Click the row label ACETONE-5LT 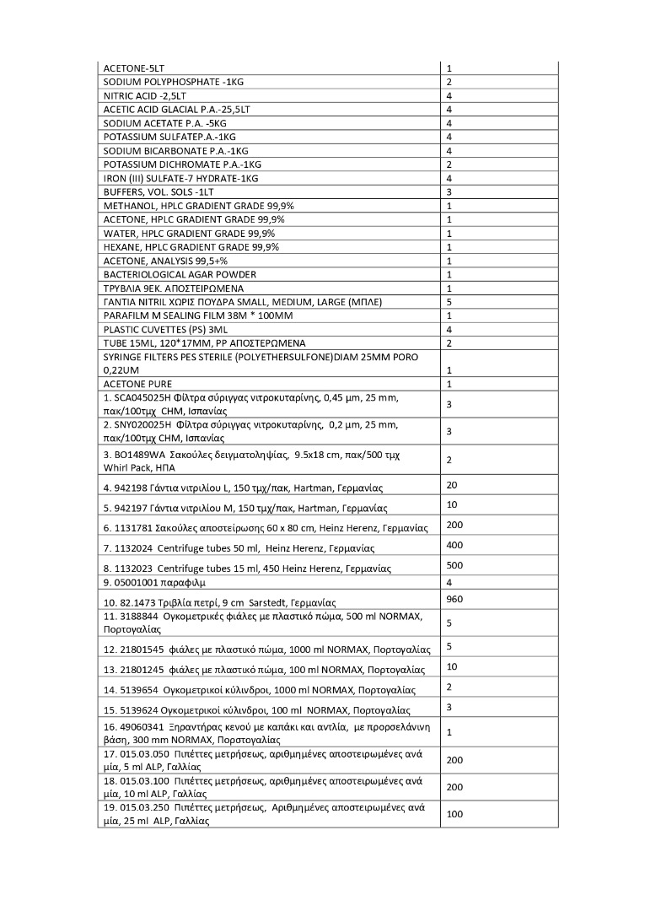134,68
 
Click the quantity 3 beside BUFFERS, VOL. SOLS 449,192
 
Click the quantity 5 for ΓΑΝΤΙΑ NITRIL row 449,301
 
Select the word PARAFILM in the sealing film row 125,315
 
